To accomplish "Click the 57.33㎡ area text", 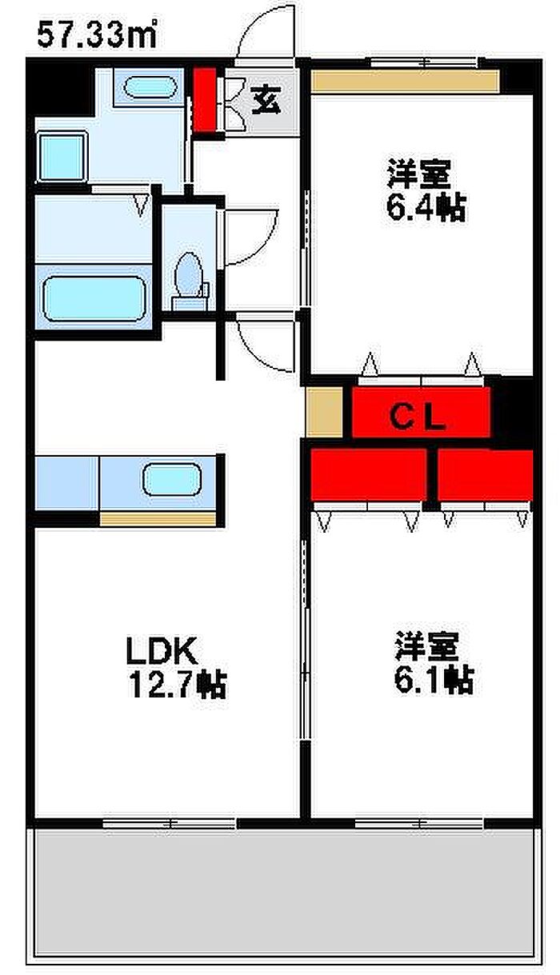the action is pos(97,35).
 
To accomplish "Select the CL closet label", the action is pos(417,418).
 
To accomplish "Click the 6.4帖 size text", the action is pos(426,208).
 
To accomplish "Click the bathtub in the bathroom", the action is pos(94,298).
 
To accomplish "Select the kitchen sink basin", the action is pos(173,479).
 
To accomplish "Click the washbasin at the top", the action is pos(150,87).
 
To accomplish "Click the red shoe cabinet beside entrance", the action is pos(205,99).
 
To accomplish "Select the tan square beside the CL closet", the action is pos(325,411).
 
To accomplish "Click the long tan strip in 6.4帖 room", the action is pos(406,81).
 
